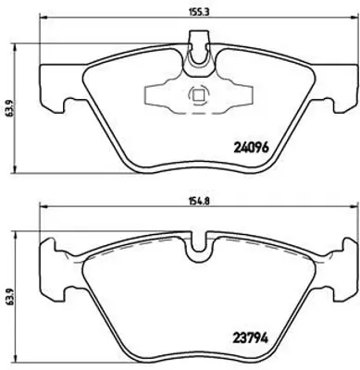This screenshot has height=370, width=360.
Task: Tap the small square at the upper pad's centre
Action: tap(196, 93)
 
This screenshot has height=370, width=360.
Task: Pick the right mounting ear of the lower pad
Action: tap(341, 277)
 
